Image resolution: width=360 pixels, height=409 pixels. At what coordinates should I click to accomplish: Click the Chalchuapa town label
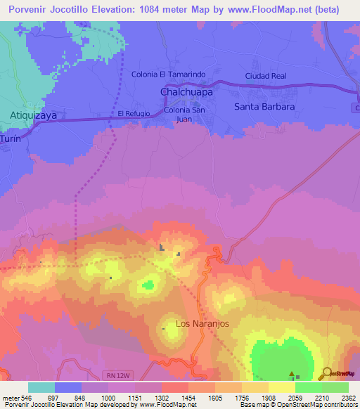[x=186, y=92]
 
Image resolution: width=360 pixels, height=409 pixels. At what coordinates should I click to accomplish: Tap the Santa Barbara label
[x=264, y=107]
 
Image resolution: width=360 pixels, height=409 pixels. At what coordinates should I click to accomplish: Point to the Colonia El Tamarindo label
[x=168, y=74]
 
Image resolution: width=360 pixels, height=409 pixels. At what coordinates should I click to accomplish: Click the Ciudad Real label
[x=266, y=75]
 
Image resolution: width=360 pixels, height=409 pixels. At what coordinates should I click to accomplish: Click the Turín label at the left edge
[x=10, y=139]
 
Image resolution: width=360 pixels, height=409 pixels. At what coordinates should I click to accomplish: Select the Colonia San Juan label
[x=185, y=115]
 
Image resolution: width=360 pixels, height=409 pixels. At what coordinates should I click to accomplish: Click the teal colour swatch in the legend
[x=41, y=387]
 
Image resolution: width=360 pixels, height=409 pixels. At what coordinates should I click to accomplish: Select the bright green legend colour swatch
[x=309, y=387]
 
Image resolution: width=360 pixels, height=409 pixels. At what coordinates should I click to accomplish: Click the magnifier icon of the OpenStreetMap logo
[x=326, y=373]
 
